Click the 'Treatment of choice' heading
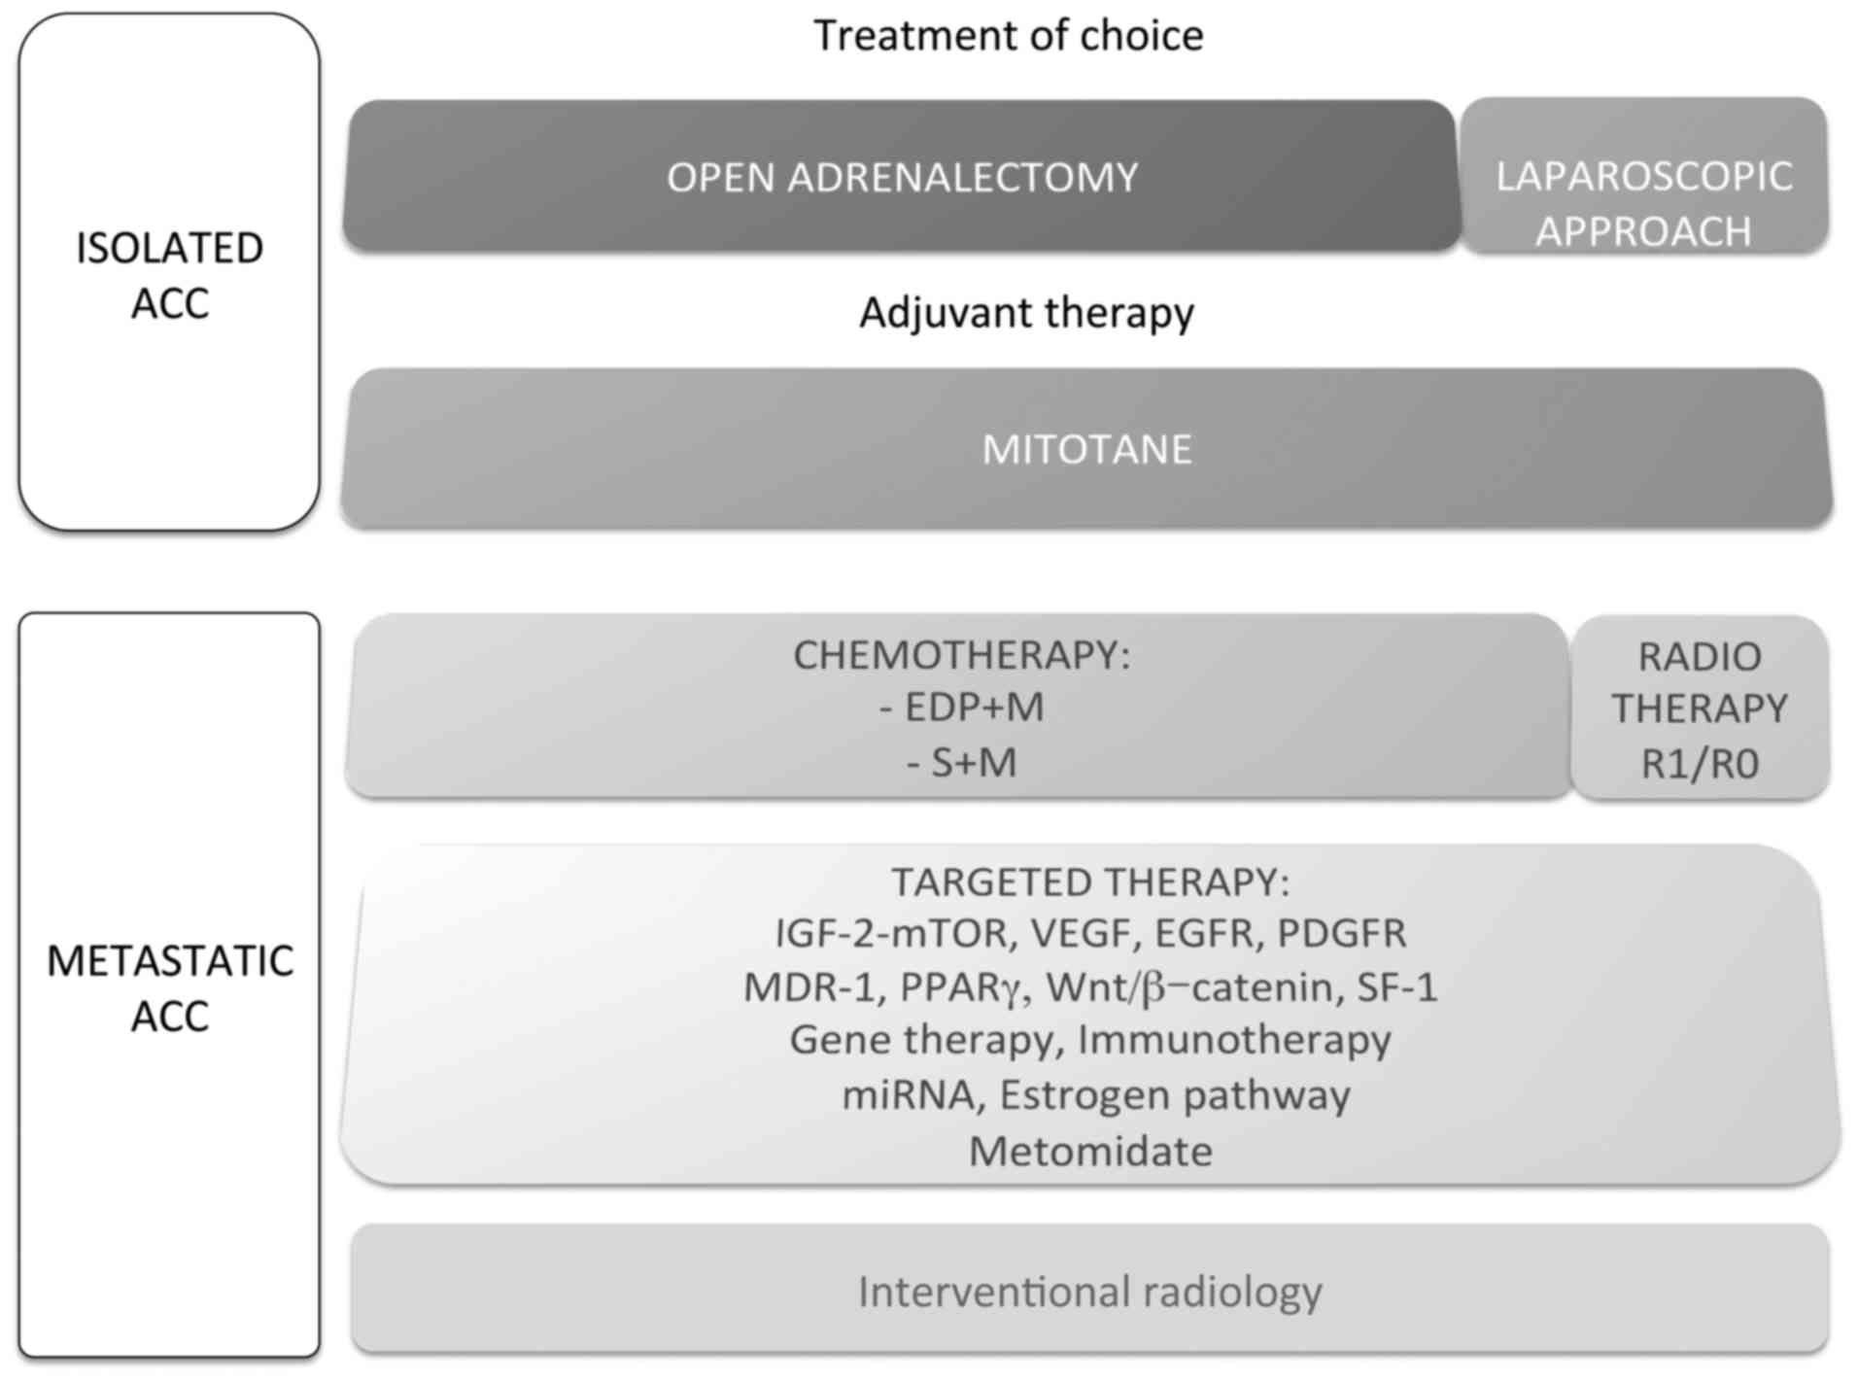click(x=1008, y=36)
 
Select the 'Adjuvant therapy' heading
click(x=1026, y=313)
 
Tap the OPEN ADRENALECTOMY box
click(x=901, y=177)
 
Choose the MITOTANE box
click(x=1086, y=449)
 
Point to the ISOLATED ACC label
click(x=169, y=275)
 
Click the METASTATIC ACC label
click(x=169, y=987)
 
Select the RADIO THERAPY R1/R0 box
click(x=1700, y=709)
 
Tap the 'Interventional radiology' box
click(x=1089, y=1292)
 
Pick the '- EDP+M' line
click(x=961, y=708)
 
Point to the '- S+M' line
click(x=961, y=763)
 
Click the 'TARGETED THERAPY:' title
click(x=1090, y=882)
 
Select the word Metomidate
click(x=1090, y=1152)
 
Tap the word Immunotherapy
click(x=1234, y=1040)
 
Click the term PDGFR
click(x=1341, y=934)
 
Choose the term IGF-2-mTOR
click(x=891, y=934)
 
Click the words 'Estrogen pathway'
click(x=1174, y=1095)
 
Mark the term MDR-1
click(x=809, y=987)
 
